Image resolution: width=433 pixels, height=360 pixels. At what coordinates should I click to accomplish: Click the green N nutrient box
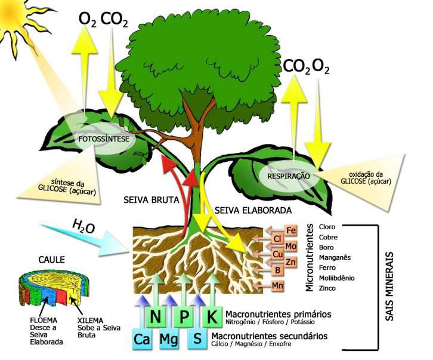(x=155, y=316)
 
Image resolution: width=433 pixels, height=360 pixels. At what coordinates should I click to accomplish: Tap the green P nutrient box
(x=183, y=316)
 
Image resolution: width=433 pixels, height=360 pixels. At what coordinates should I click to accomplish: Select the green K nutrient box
(x=212, y=316)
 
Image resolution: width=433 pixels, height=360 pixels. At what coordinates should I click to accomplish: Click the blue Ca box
(x=142, y=339)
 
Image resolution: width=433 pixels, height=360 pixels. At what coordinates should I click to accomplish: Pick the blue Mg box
(x=169, y=339)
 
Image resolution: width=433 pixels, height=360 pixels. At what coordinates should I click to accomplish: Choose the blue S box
(x=197, y=339)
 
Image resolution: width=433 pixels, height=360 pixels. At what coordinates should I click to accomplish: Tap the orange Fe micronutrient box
(x=291, y=230)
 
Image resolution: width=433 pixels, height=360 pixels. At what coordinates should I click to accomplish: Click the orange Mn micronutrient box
(x=277, y=285)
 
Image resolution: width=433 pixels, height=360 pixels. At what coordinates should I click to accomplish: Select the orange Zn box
(x=291, y=262)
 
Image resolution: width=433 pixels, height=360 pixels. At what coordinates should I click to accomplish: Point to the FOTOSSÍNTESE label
(x=104, y=139)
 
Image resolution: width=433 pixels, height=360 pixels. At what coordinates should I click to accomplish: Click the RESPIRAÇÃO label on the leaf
(x=289, y=176)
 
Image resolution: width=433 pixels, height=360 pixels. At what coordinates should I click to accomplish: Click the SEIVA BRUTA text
(x=151, y=200)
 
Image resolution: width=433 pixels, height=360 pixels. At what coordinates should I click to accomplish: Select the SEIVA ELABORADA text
(x=253, y=210)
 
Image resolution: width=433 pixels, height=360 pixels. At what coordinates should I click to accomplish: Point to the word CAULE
(x=52, y=260)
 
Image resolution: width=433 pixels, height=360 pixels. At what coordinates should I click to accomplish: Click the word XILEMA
(x=90, y=321)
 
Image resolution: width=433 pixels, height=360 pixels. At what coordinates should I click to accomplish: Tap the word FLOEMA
(x=44, y=320)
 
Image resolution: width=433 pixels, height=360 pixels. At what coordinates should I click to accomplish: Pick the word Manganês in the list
(x=335, y=258)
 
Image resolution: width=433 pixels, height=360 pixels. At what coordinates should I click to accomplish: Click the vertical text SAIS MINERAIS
(x=389, y=286)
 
